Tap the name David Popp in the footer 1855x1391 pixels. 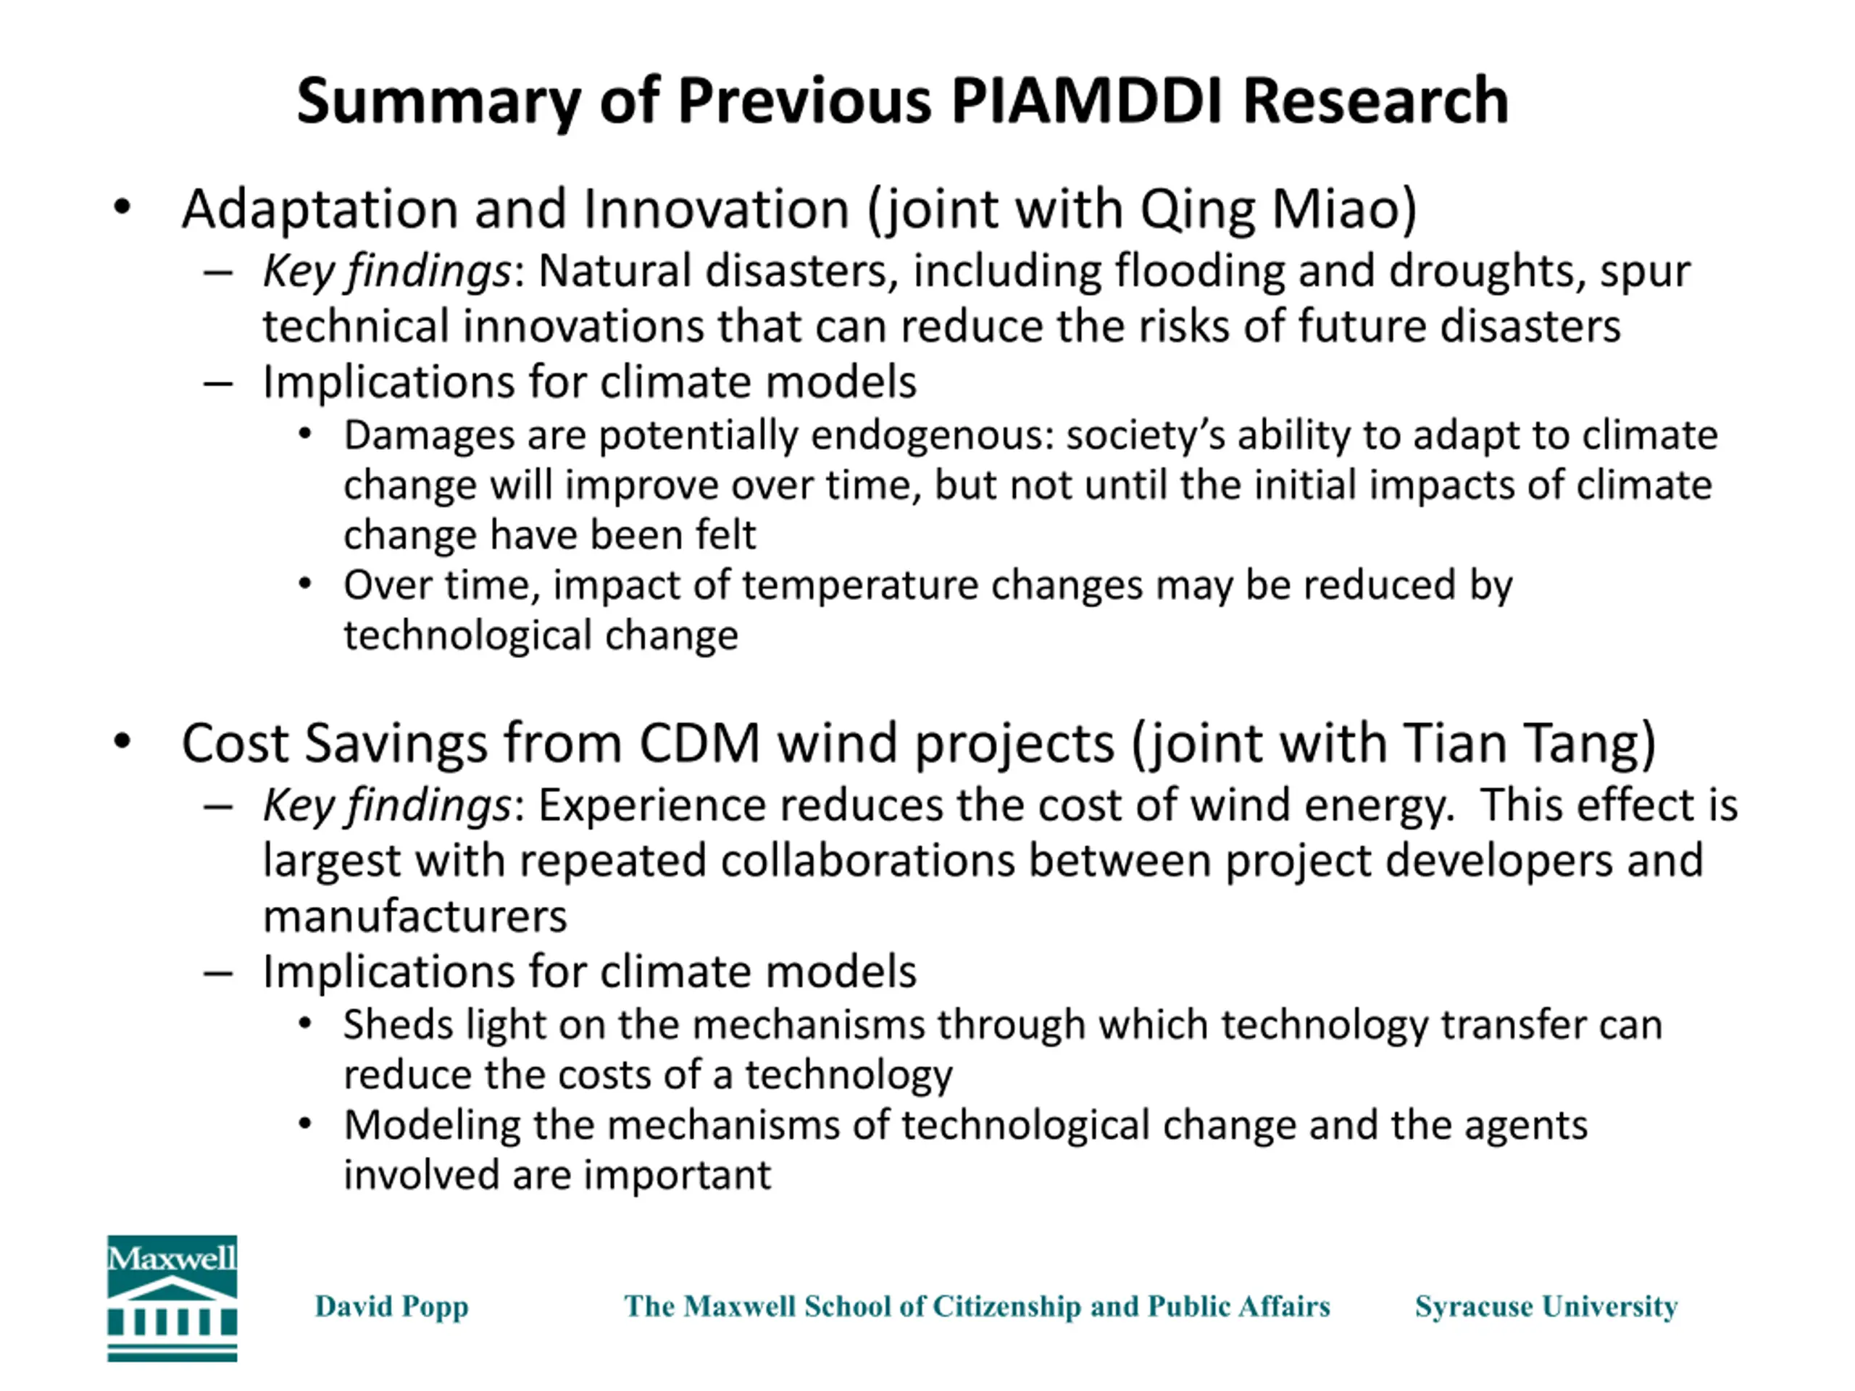(x=391, y=1306)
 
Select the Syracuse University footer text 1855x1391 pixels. (x=1546, y=1306)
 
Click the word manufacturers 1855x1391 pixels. (x=415, y=916)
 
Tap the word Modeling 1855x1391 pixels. (x=433, y=1125)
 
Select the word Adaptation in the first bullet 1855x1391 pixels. (x=321, y=209)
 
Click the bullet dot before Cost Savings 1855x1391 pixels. (x=122, y=741)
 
